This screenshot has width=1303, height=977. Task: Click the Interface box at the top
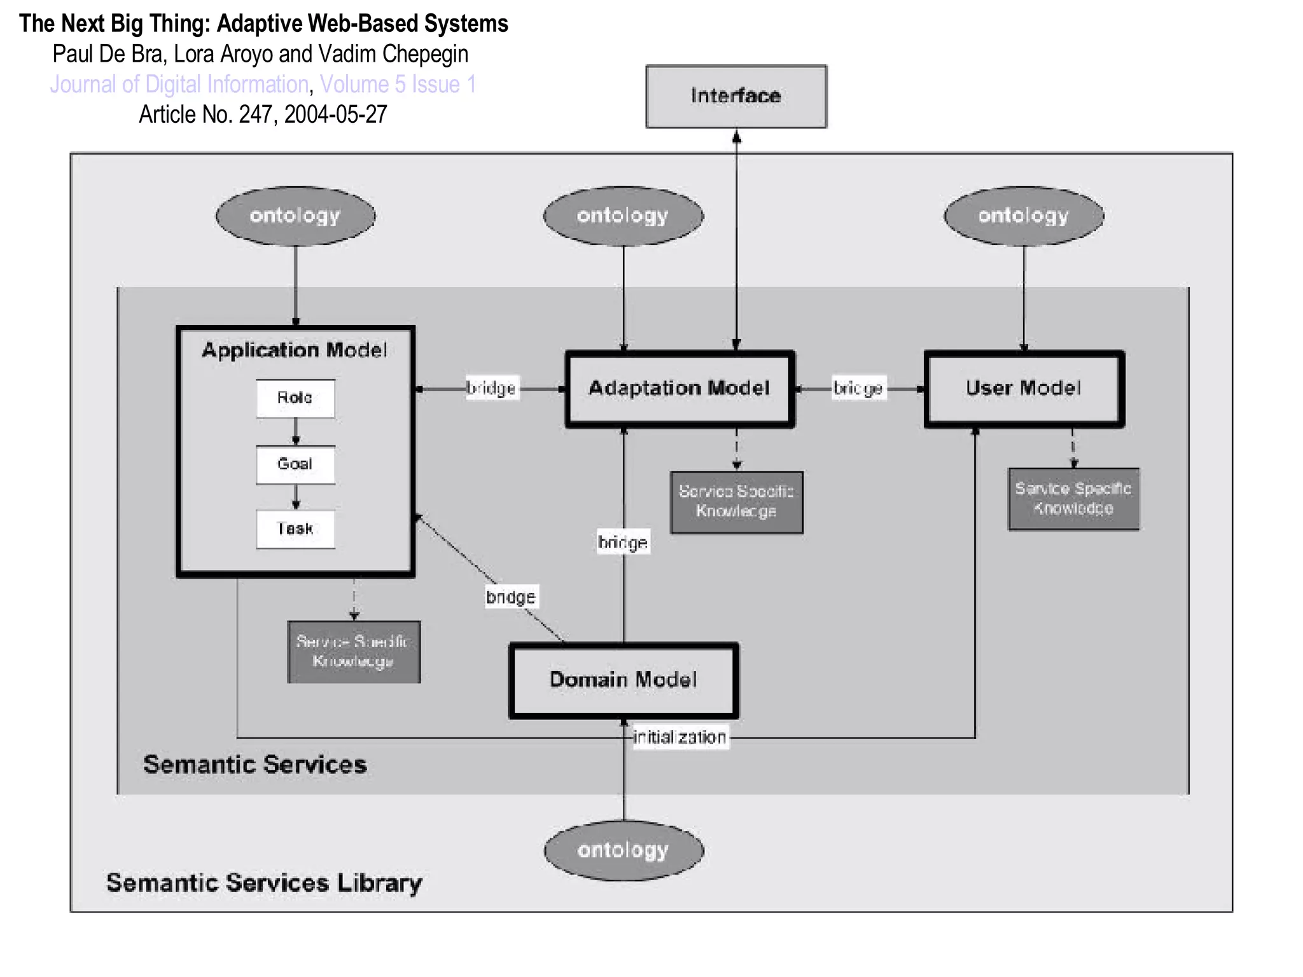tap(736, 96)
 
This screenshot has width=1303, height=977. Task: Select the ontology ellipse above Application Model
tap(295, 216)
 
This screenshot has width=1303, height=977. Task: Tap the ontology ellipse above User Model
tap(1024, 216)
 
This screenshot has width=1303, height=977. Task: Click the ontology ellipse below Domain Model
tap(624, 850)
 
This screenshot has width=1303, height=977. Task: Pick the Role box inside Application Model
tap(295, 399)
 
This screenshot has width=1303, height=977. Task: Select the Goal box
tap(295, 464)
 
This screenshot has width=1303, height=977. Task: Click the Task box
tap(295, 529)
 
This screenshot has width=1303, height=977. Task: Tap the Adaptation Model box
tap(679, 389)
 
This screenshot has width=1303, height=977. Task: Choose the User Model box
tap(1024, 389)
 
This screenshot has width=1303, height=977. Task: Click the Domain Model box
tap(624, 680)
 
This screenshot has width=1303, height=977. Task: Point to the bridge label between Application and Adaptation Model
tap(491, 388)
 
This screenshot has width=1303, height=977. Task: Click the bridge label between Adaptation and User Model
tap(858, 388)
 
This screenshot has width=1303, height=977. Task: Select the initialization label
tap(679, 737)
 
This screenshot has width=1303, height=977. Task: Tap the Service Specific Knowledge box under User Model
tap(1073, 499)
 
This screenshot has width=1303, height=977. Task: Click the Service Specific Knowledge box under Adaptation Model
tap(736, 502)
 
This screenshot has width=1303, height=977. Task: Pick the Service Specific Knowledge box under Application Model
tap(354, 652)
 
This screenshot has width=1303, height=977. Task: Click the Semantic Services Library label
tap(264, 883)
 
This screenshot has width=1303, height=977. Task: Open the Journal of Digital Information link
tap(179, 85)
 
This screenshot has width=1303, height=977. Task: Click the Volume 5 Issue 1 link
tap(398, 85)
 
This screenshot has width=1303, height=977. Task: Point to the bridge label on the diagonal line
tap(511, 597)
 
